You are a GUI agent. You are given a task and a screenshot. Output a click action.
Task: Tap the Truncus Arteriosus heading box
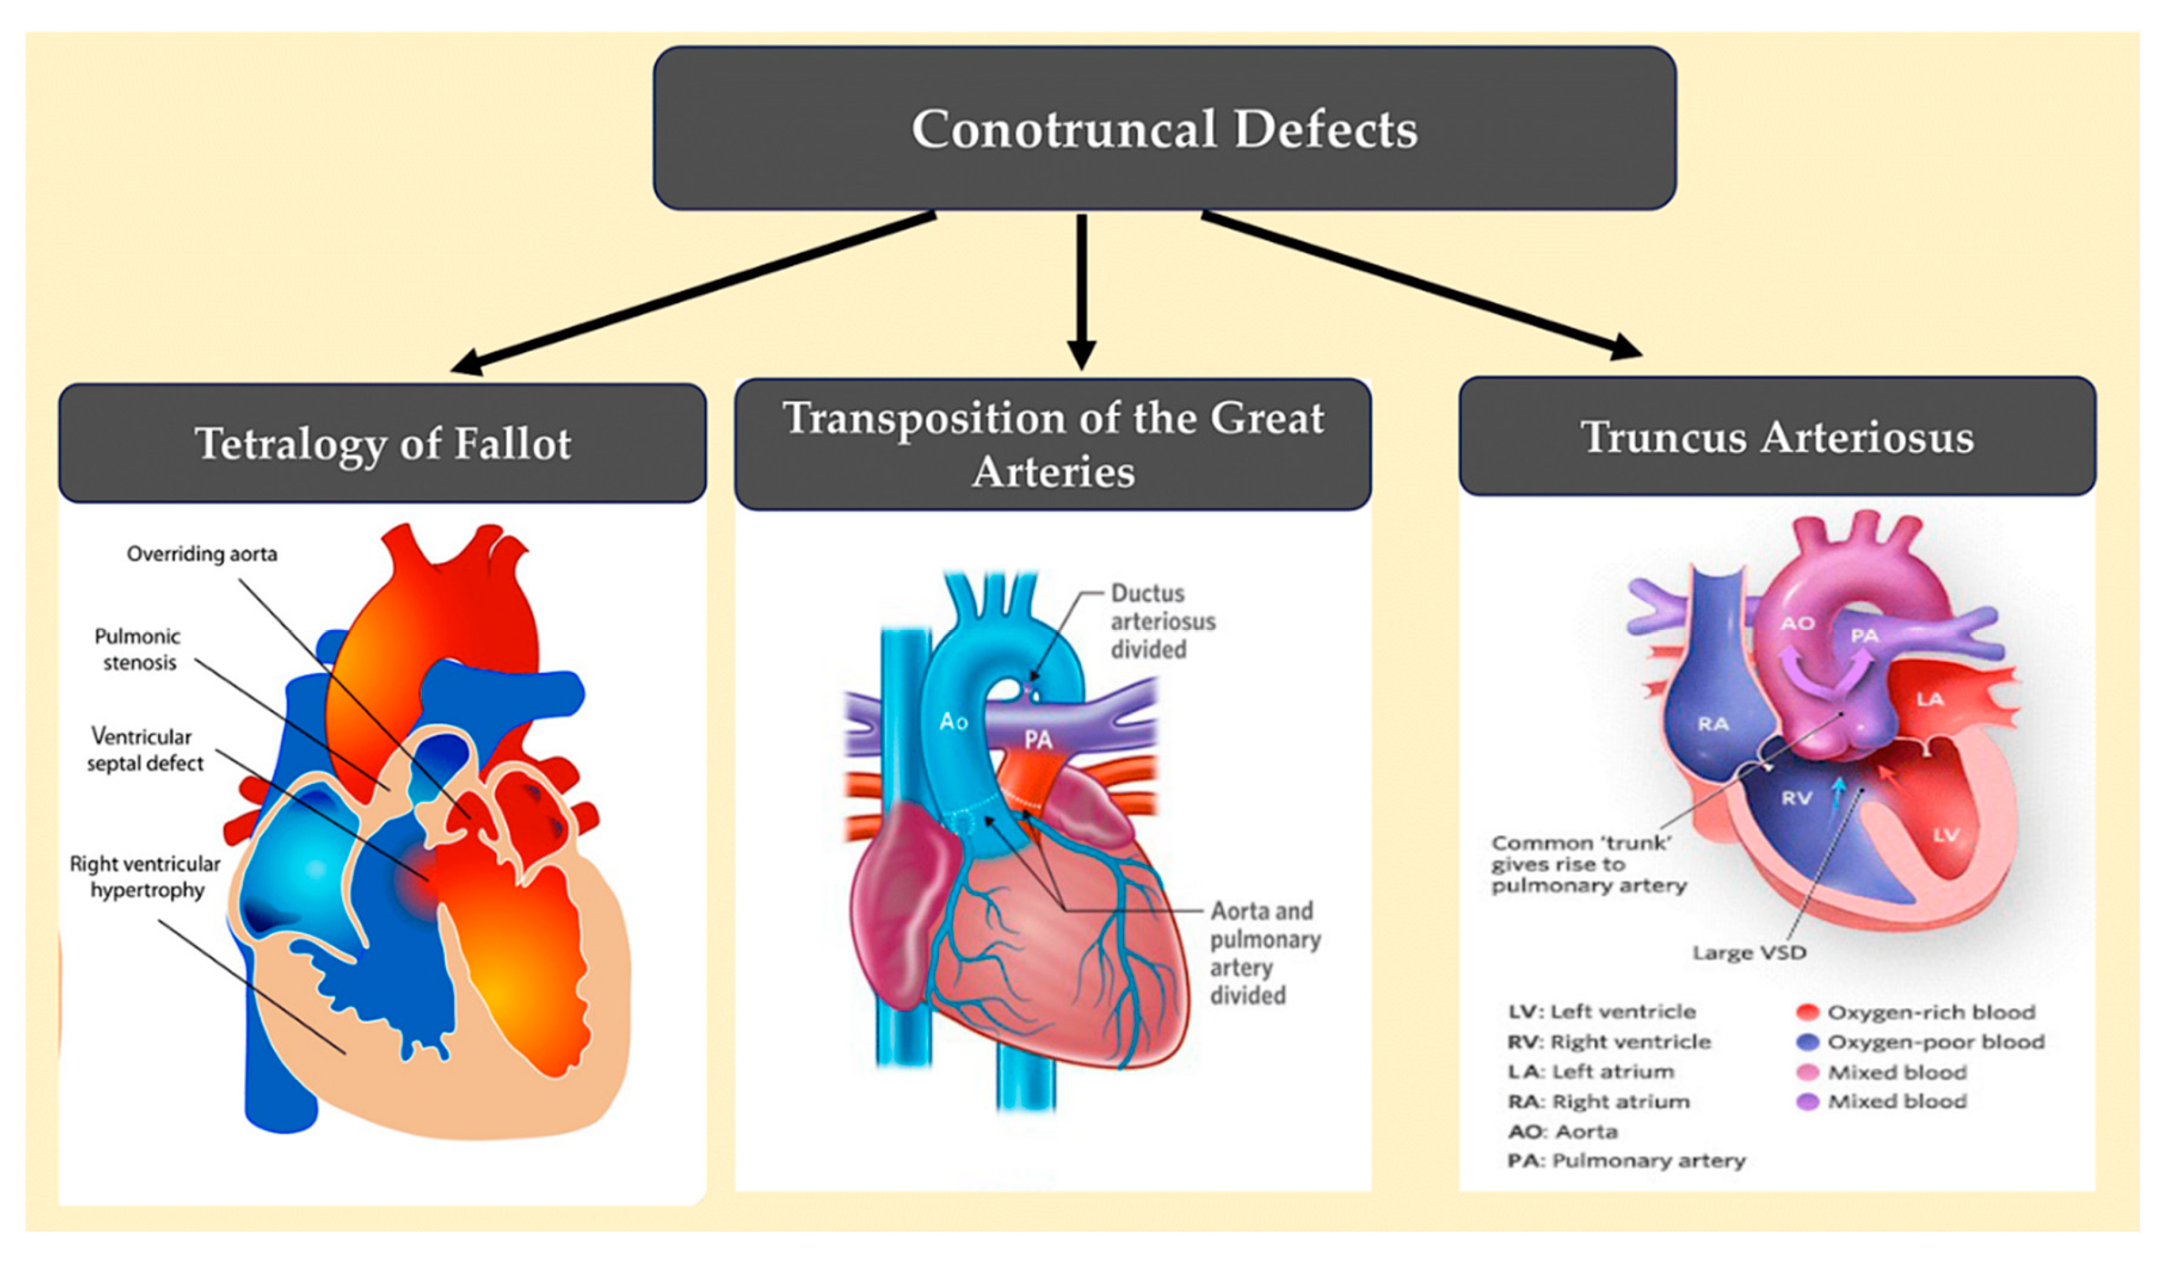[x=1777, y=437]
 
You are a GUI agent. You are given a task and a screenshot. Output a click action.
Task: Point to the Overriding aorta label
[x=202, y=554]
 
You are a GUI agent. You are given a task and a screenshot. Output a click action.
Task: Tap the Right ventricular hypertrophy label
[x=145, y=877]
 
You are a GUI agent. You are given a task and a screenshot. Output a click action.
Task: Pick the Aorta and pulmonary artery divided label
[x=1264, y=953]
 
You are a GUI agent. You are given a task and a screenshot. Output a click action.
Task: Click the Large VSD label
[x=1749, y=953]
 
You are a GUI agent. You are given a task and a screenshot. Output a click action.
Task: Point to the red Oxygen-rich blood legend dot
[x=1807, y=1012]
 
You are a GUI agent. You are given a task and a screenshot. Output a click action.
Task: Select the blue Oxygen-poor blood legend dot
[x=1807, y=1042]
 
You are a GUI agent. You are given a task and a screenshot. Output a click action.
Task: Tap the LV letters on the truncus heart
[x=1946, y=835]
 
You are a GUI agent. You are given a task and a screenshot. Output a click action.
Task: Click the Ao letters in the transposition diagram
[x=953, y=720]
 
